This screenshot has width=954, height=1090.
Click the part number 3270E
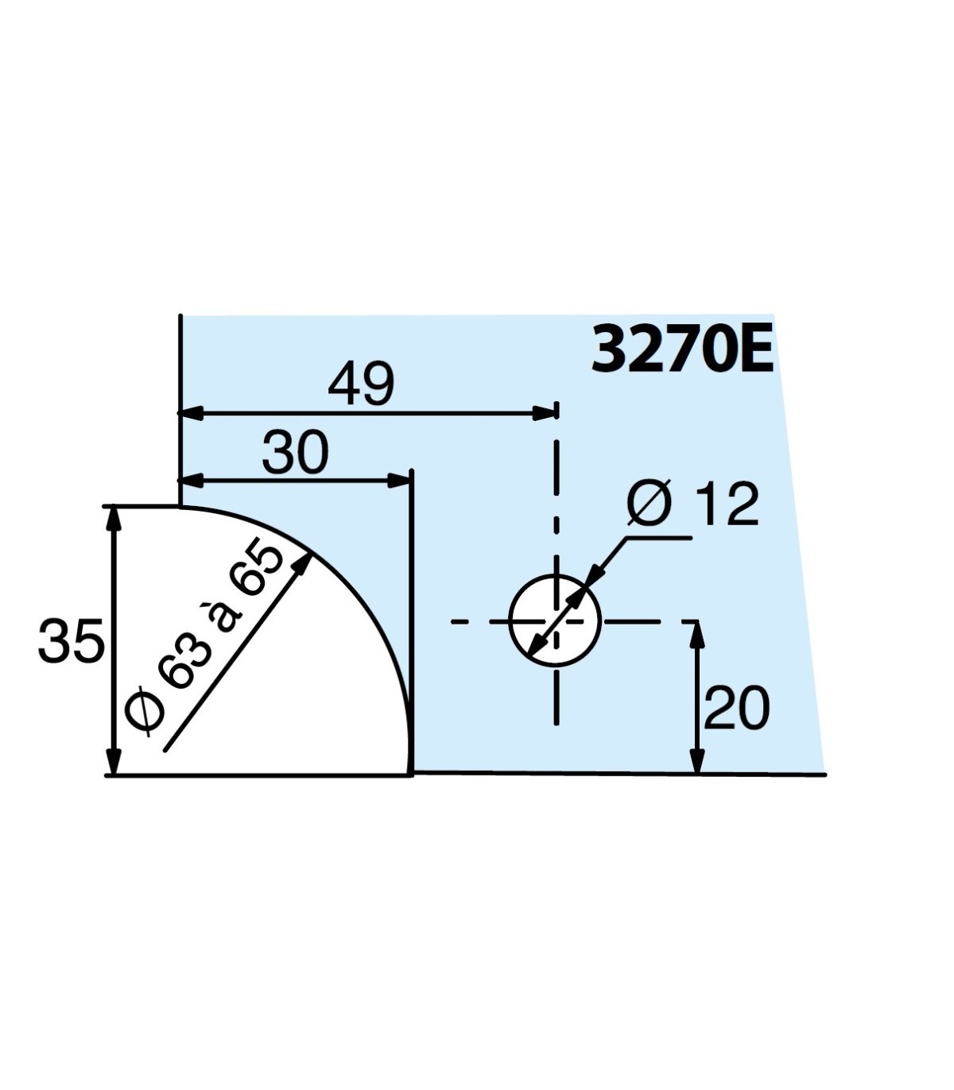(682, 350)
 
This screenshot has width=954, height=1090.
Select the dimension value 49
(361, 385)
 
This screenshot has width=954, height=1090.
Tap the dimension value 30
(295, 454)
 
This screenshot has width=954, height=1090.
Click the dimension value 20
(737, 709)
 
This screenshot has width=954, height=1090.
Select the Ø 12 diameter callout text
(692, 504)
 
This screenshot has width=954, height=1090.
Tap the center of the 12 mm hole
(555, 620)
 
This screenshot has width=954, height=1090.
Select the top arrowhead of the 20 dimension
(697, 634)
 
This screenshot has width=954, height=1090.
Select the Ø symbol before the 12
(650, 504)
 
